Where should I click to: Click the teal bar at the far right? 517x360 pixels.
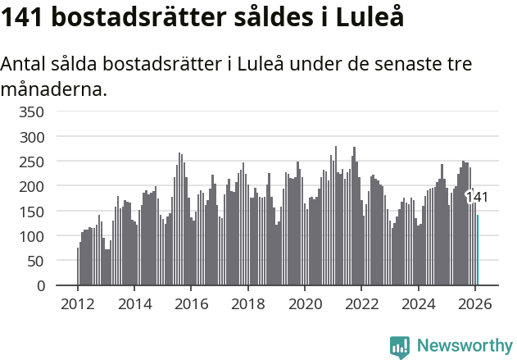click(478, 250)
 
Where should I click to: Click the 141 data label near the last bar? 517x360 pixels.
click(477, 197)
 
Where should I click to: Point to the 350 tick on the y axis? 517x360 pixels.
click(34, 112)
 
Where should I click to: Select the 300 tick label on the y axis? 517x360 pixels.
click(34, 137)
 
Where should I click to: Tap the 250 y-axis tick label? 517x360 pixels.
click(34, 162)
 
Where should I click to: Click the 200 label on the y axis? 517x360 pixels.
click(34, 186)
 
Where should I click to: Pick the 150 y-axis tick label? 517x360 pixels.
click(34, 212)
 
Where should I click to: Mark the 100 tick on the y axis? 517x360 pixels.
click(34, 236)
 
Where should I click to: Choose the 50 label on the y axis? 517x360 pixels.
click(38, 261)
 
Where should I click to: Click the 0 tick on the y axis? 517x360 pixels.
click(41, 286)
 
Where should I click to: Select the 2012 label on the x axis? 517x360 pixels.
click(78, 303)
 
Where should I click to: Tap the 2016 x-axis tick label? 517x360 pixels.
click(191, 303)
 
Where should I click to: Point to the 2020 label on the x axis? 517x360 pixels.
click(305, 303)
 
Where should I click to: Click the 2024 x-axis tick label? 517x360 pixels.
click(419, 303)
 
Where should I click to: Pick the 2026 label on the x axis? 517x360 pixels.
click(475, 303)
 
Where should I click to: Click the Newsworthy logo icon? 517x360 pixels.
click(400, 348)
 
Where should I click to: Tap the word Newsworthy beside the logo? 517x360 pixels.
click(465, 347)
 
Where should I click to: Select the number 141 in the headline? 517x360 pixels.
click(23, 18)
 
